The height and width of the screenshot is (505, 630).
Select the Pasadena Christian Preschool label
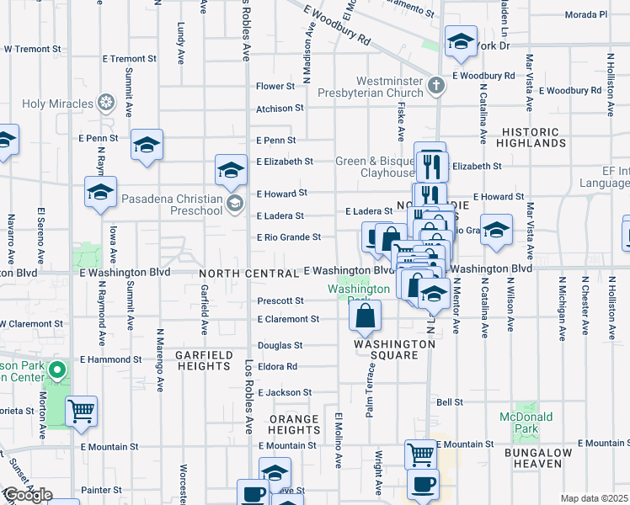[x=172, y=202]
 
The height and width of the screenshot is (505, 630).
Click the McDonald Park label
[x=526, y=423]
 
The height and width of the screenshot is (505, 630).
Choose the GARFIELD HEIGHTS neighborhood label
[x=204, y=361]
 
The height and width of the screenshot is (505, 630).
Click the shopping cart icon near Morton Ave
[x=81, y=411]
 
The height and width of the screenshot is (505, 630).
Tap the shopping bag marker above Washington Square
[x=366, y=316]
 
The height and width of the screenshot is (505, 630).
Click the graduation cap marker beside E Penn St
[x=147, y=146]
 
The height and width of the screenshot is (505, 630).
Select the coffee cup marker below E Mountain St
[x=423, y=485]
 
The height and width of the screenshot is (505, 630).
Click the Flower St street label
[x=275, y=86]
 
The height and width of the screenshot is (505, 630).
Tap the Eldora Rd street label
[x=279, y=367]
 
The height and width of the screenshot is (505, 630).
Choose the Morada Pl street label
[x=586, y=14]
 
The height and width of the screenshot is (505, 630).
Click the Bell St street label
[x=450, y=402]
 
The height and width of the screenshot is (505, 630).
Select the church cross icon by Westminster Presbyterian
[x=436, y=85]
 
